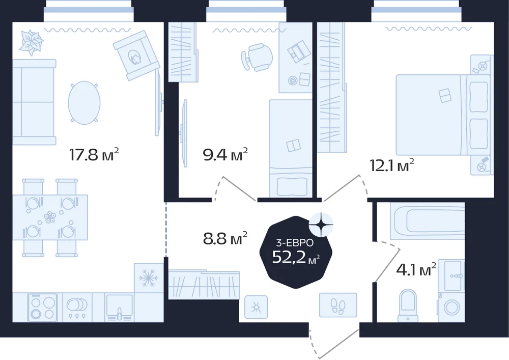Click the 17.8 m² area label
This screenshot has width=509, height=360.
pyautogui.click(x=94, y=154)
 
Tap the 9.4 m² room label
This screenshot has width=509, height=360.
pyautogui.click(x=225, y=154)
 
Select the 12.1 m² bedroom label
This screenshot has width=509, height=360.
pyautogui.click(x=392, y=165)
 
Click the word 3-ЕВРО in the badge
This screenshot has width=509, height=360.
pyautogui.click(x=294, y=242)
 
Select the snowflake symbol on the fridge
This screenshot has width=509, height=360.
pyautogui.click(x=148, y=278)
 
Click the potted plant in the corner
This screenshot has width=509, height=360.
pyautogui.click(x=31, y=43)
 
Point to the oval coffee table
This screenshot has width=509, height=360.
pyautogui.click(x=84, y=102)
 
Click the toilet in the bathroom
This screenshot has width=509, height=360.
pyautogui.click(x=408, y=304)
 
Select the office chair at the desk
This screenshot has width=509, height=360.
pyautogui.click(x=257, y=57)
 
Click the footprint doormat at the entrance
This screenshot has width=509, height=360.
pyautogui.click(x=338, y=305)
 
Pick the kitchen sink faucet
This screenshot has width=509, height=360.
pyautogui.click(x=120, y=314)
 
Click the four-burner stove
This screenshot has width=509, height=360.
pyautogui.click(x=43, y=308)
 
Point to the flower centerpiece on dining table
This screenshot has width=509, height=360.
pyautogui.click(x=50, y=217)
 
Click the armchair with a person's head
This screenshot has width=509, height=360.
pyautogui.click(x=136, y=56)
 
